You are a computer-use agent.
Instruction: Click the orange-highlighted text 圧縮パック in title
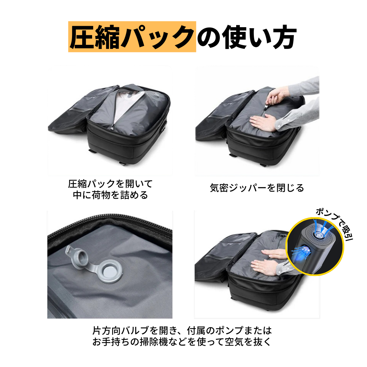point(132,37)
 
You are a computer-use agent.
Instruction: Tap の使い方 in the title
point(247,37)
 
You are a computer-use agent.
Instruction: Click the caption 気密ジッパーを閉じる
point(257,188)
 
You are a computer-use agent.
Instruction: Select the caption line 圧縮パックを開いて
point(110,184)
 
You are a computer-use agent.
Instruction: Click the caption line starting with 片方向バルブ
point(182,330)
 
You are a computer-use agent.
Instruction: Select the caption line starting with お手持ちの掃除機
point(182,342)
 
